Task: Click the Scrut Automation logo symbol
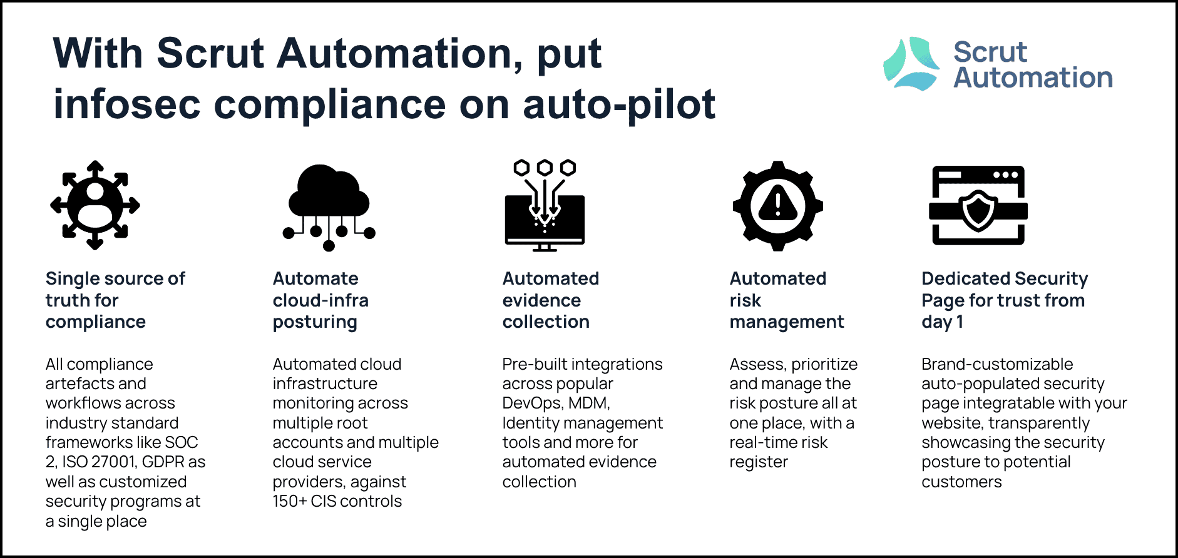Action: pos(911,64)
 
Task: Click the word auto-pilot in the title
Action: pos(619,104)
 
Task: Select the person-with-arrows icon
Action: pos(95,205)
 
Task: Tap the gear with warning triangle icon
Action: pos(777,206)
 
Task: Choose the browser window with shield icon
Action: pos(978,205)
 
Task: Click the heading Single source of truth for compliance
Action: pos(115,300)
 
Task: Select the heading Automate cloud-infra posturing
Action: pos(320,300)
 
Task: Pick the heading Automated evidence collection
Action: pos(551,300)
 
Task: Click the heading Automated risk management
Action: pos(787,300)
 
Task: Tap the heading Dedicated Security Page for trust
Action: pos(1005,300)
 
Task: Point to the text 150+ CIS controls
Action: pos(337,501)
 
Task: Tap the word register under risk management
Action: pos(759,463)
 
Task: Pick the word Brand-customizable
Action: pos(997,364)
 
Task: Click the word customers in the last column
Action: pos(961,482)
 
